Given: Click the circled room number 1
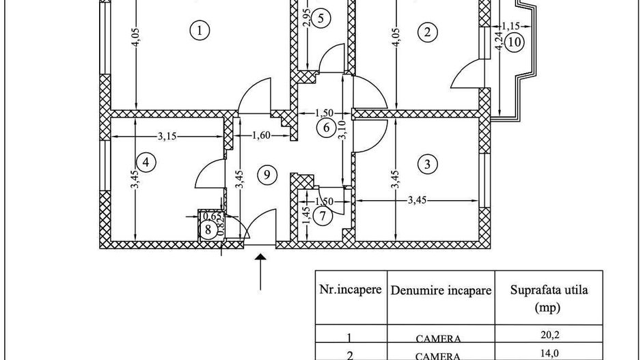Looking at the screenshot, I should coord(199,30).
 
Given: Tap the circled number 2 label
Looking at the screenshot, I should coord(428,31).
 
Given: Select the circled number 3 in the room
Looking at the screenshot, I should coord(428,164).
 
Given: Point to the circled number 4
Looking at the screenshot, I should coord(146,162).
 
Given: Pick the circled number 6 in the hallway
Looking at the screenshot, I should coord(326,126).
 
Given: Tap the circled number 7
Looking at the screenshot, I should coord(323,215).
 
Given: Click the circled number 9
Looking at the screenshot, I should coord(268,175).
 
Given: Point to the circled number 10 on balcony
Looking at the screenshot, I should coord(515,42).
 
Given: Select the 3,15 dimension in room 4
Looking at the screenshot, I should coord(167,136).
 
